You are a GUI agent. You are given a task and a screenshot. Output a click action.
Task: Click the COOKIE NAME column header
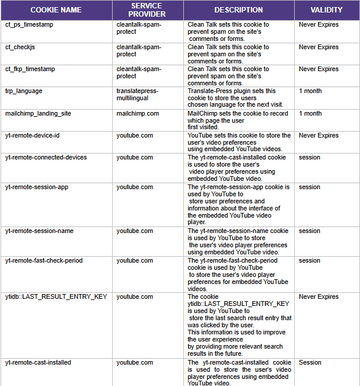tap(56, 10)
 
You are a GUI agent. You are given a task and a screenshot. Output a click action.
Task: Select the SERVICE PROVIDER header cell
tap(148, 10)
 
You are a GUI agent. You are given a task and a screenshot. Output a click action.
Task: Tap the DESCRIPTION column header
tap(238, 10)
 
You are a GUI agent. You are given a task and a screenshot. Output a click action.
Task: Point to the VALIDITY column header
tap(327, 10)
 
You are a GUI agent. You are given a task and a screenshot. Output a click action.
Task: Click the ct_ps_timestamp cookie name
tap(28, 25)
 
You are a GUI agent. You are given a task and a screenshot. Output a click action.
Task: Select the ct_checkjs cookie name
tap(21, 47)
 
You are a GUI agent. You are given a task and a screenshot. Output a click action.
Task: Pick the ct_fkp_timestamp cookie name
tap(30, 69)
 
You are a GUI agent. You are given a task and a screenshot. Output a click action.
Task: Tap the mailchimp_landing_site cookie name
tap(38, 113)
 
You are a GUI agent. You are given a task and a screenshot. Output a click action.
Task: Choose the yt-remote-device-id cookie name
tap(33, 135)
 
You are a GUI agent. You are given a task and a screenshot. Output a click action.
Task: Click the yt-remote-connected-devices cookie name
tap(46, 157)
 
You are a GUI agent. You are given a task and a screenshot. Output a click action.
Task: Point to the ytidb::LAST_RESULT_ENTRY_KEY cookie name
tap(56, 296)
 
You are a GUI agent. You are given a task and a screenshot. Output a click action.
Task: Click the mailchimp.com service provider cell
tap(138, 113)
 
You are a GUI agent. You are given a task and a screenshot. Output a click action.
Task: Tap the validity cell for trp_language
tap(310, 91)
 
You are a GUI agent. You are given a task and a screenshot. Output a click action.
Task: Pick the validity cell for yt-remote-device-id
tap(318, 135)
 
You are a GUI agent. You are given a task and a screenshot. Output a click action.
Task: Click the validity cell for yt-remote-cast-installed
tap(310, 362)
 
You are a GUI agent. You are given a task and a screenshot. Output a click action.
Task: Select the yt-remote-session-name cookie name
tap(40, 231)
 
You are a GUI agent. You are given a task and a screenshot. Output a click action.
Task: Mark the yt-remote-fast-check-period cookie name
tap(44, 260)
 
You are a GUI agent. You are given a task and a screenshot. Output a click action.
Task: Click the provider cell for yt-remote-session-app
tap(135, 187)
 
